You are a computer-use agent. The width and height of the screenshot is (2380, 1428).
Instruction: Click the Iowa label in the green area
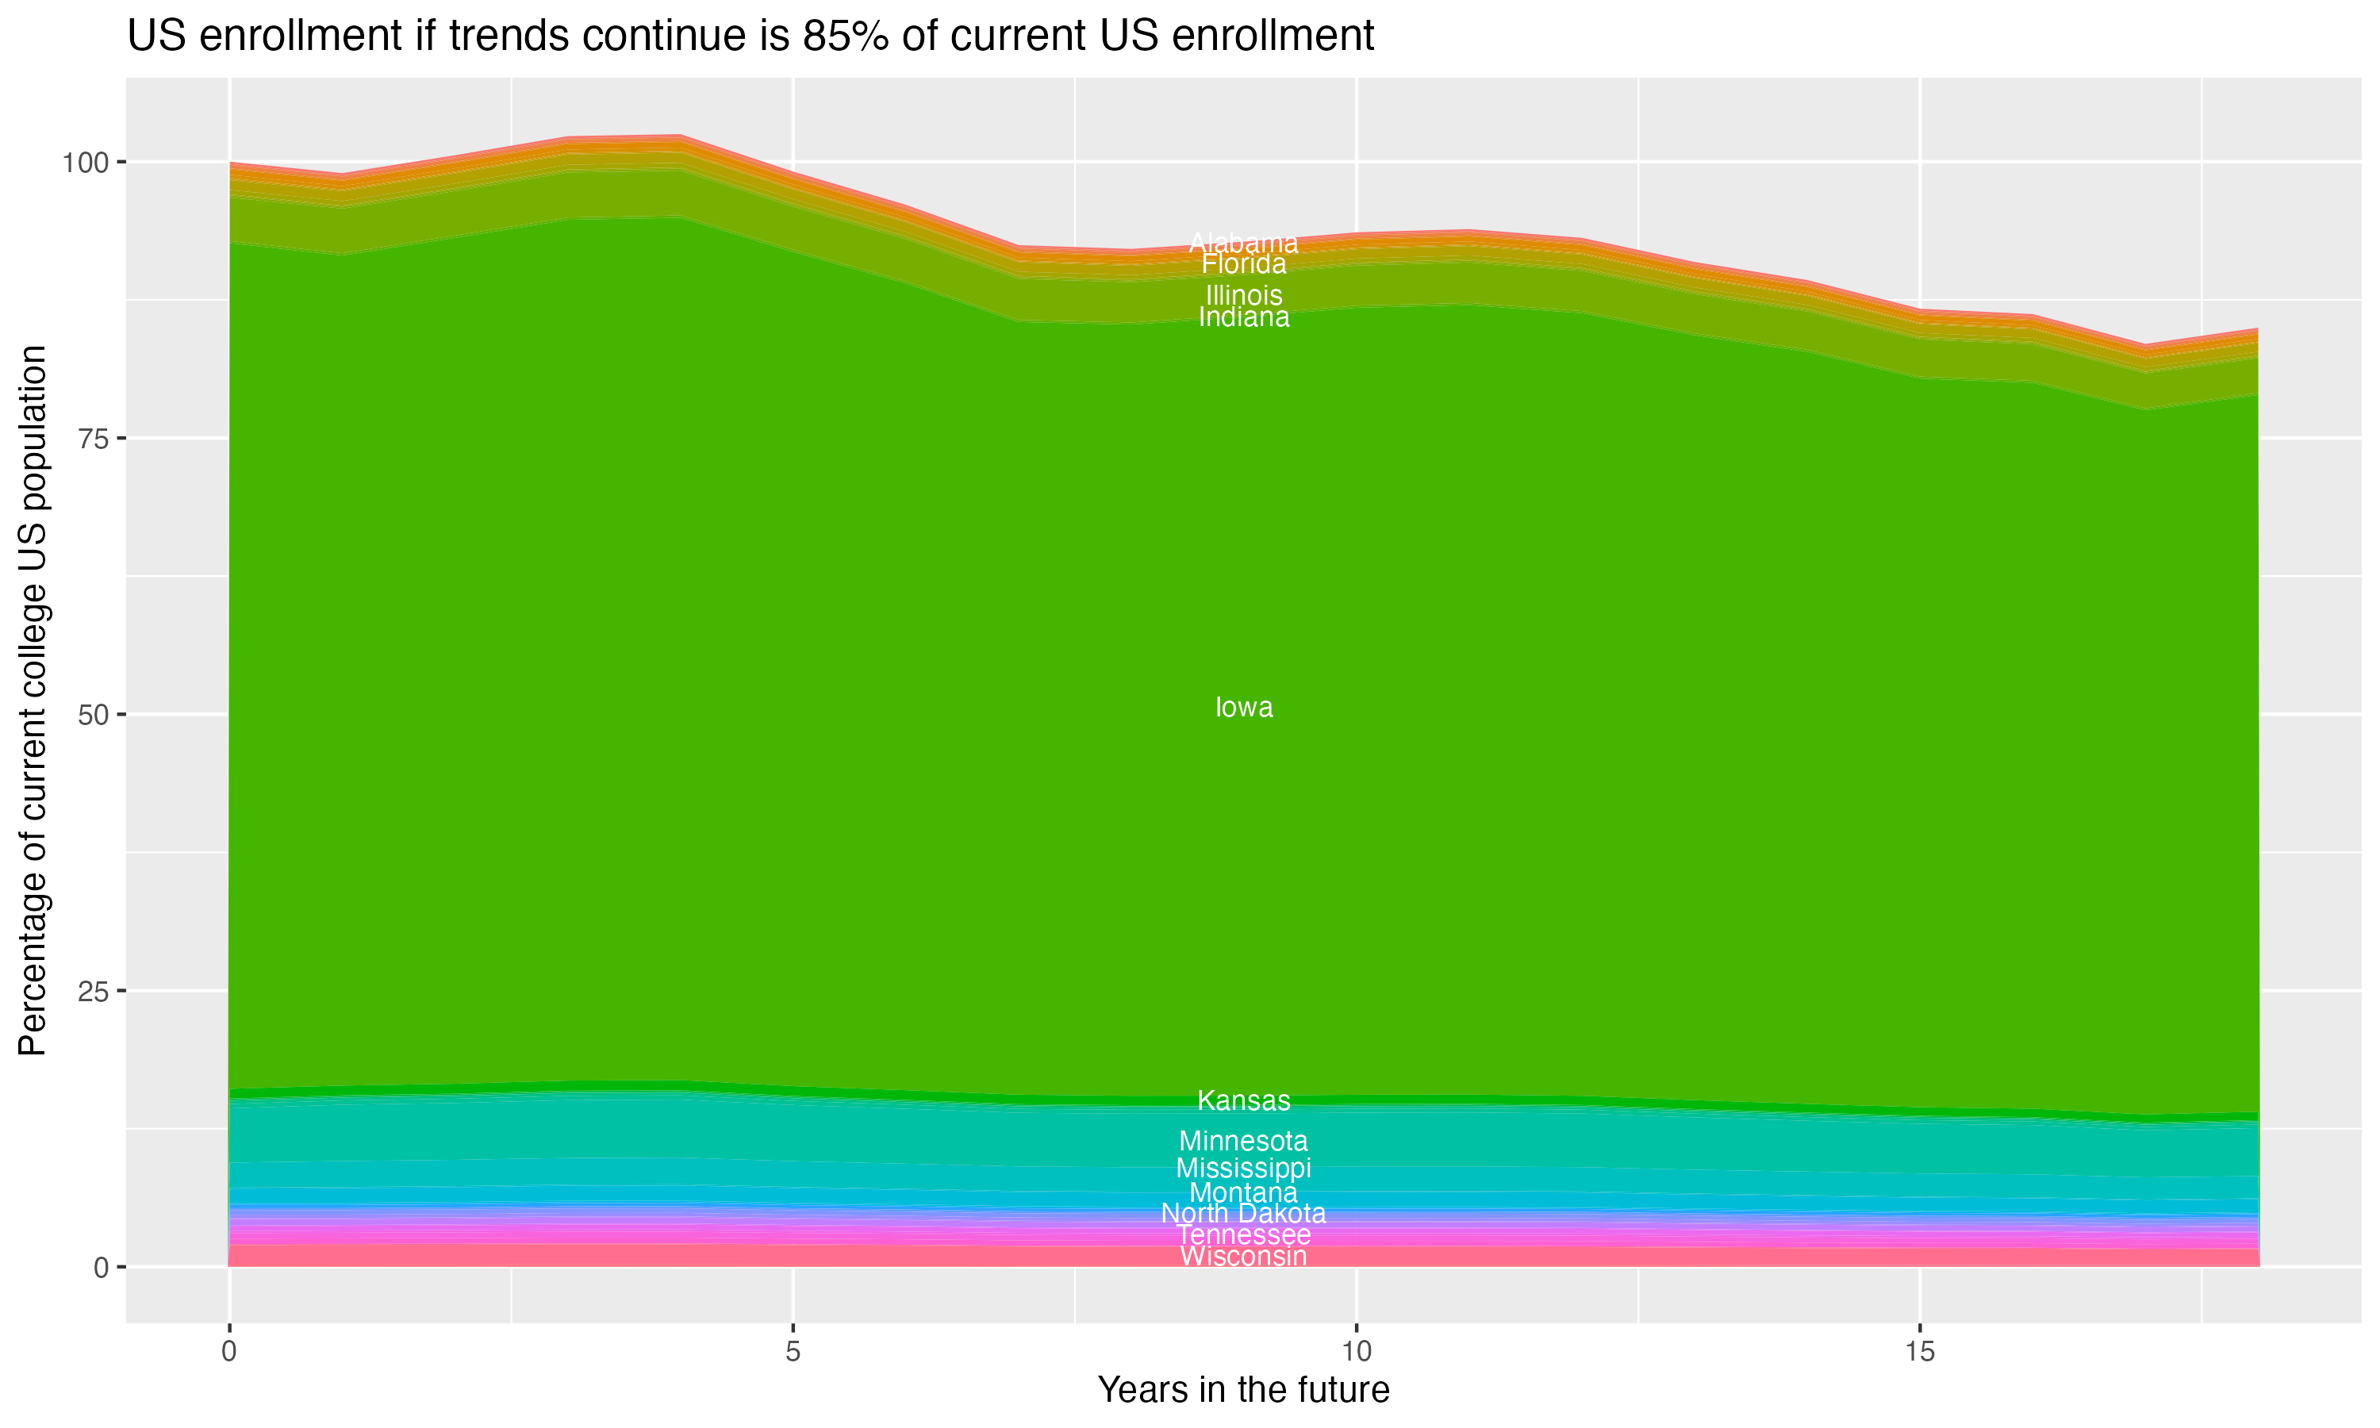coord(1244,708)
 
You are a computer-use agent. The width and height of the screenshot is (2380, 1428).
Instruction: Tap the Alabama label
coord(1244,244)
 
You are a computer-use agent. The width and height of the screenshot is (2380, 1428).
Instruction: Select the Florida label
coord(1244,263)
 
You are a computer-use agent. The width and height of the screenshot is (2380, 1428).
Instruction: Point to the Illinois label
coord(1244,294)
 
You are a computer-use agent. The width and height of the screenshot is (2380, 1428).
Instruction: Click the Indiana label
coord(1244,317)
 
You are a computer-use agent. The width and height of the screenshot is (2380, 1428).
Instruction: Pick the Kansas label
coord(1244,1100)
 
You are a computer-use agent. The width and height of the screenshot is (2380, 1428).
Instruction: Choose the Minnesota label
coord(1244,1142)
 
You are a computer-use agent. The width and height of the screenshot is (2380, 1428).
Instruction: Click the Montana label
coord(1244,1193)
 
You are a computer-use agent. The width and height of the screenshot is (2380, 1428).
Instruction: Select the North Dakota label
coord(1244,1214)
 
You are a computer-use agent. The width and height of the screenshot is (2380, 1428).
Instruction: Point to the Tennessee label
coord(1244,1234)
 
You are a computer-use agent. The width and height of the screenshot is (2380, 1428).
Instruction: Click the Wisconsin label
coord(1244,1257)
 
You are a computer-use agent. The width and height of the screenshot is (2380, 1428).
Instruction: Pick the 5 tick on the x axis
coord(793,1352)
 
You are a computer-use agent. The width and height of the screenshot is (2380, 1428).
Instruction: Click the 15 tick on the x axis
coord(1919,1352)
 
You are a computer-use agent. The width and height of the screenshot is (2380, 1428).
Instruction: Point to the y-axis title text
coord(33,700)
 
